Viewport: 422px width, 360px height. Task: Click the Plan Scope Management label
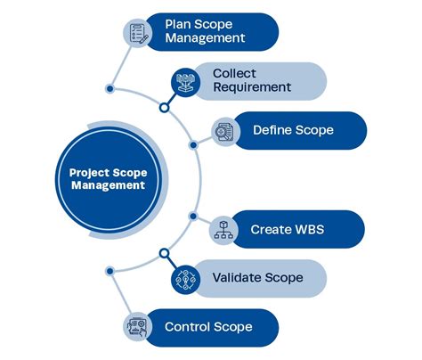pyautogui.click(x=205, y=30)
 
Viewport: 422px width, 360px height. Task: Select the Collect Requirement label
pyautogui.click(x=252, y=79)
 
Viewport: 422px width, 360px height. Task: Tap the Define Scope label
pyautogui.click(x=293, y=130)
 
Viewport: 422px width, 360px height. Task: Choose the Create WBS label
pyautogui.click(x=287, y=229)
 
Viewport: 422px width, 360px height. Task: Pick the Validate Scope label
pyautogui.click(x=257, y=277)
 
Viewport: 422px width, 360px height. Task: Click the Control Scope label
pyautogui.click(x=208, y=326)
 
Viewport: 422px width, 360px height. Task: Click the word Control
pyautogui.click(x=187, y=326)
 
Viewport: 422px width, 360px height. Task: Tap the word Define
pyautogui.click(x=273, y=130)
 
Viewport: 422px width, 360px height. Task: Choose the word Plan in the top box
pyautogui.click(x=179, y=23)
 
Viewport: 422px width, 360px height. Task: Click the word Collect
pyautogui.click(x=236, y=72)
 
